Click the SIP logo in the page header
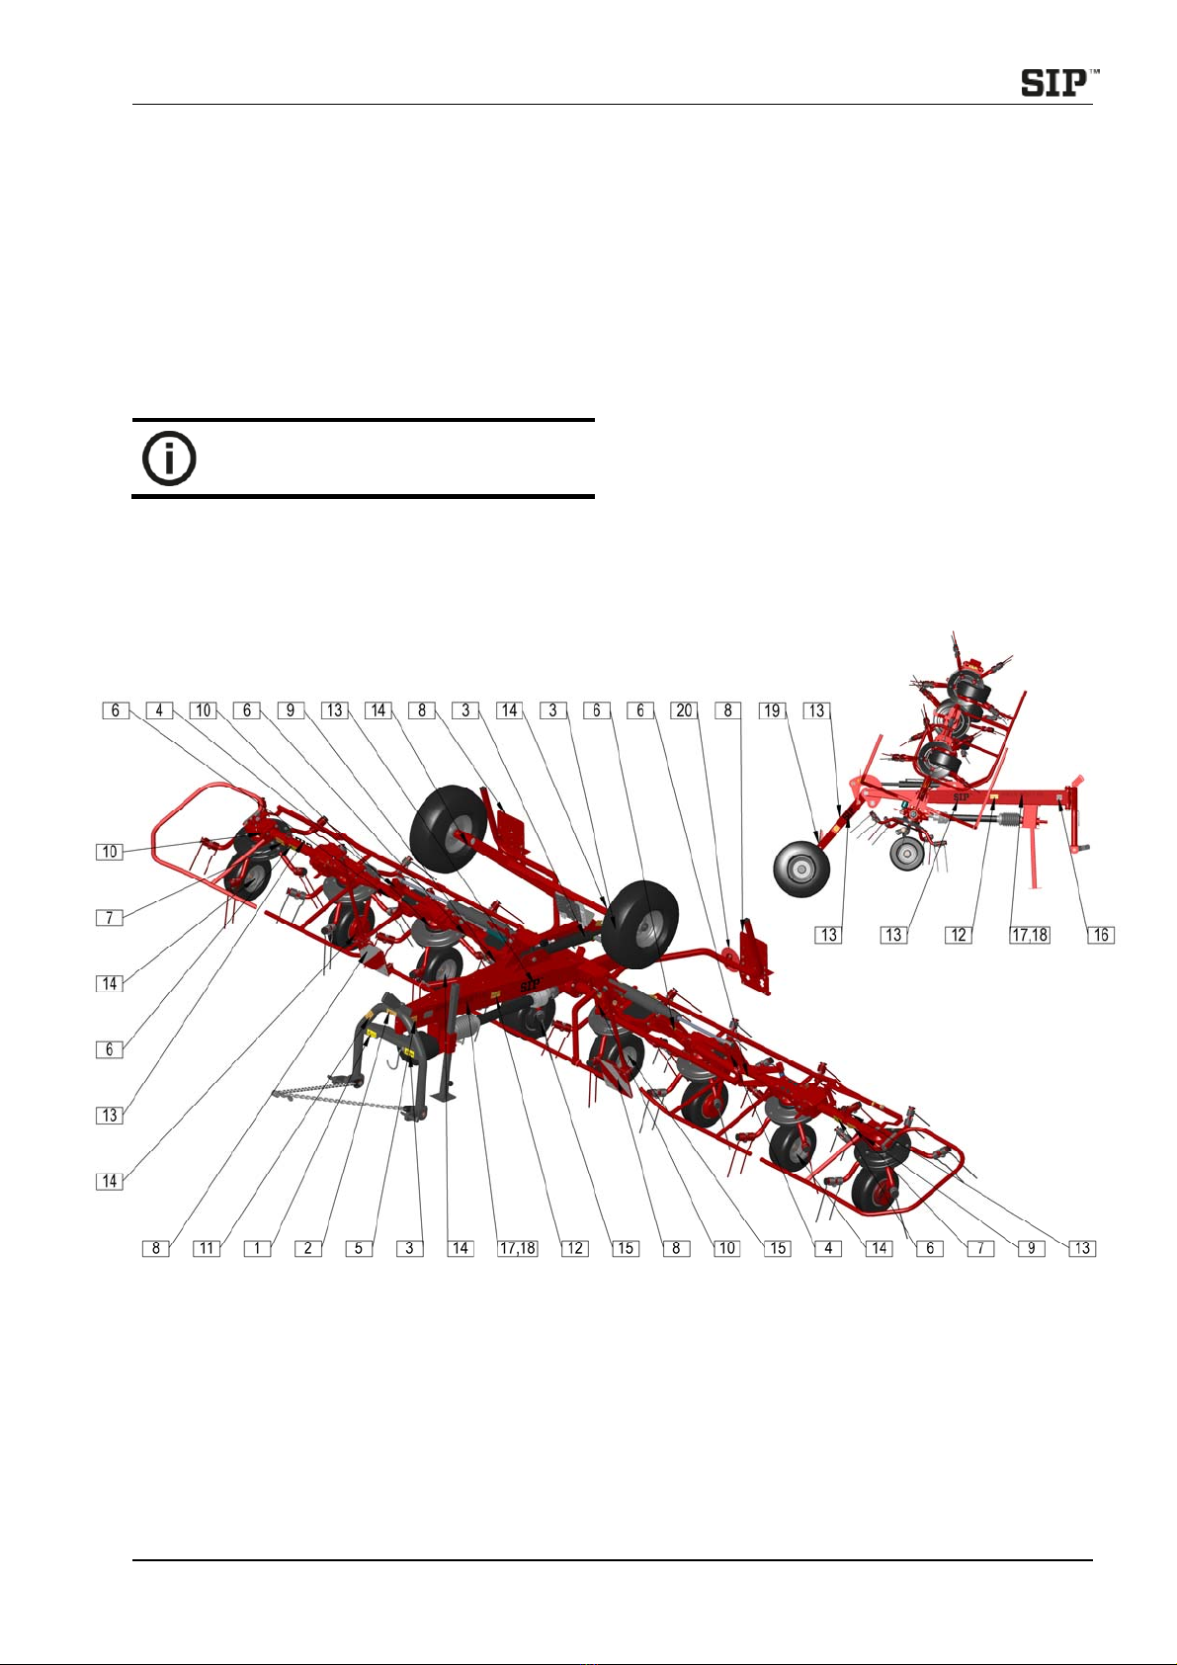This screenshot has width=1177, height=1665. coord(1058,82)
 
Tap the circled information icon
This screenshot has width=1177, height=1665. coord(170,458)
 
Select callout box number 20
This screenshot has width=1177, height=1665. coord(683,710)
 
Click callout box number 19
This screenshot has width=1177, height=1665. coord(773,710)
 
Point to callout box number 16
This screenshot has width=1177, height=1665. coord(1101,935)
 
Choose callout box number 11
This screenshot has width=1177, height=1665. coord(207,1248)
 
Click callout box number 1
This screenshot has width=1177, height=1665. coord(257,1248)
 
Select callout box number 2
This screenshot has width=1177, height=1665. coord(307,1248)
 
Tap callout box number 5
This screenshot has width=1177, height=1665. coord(359,1248)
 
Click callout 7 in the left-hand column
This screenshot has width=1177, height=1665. coord(110,917)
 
